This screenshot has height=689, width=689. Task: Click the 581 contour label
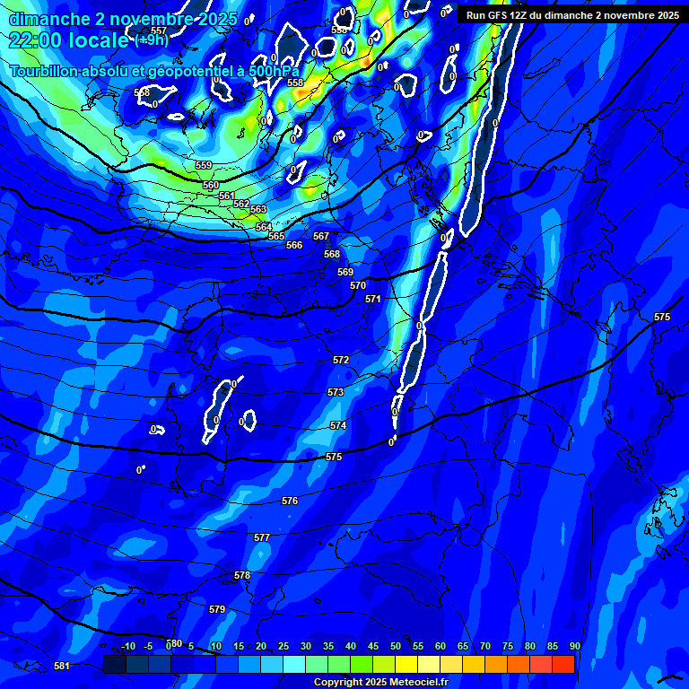62,666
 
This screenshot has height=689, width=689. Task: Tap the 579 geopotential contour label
217,609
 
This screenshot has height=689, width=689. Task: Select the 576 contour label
290,501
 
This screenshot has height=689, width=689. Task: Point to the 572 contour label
341,360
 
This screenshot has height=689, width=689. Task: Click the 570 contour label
358,285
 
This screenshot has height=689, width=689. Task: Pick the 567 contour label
321,236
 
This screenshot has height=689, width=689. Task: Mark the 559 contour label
204,165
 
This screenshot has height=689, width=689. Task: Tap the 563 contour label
258,209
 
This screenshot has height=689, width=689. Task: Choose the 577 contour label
262,537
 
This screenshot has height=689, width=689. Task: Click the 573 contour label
336,392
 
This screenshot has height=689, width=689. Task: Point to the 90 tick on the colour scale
574,646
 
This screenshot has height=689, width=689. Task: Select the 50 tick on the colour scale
396,646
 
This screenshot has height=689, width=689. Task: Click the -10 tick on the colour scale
128,646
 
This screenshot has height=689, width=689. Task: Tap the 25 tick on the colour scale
283,646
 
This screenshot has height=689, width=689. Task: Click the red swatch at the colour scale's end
563,664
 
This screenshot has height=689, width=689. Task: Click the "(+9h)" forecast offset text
152,39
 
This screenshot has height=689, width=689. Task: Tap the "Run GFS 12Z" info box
572,15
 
